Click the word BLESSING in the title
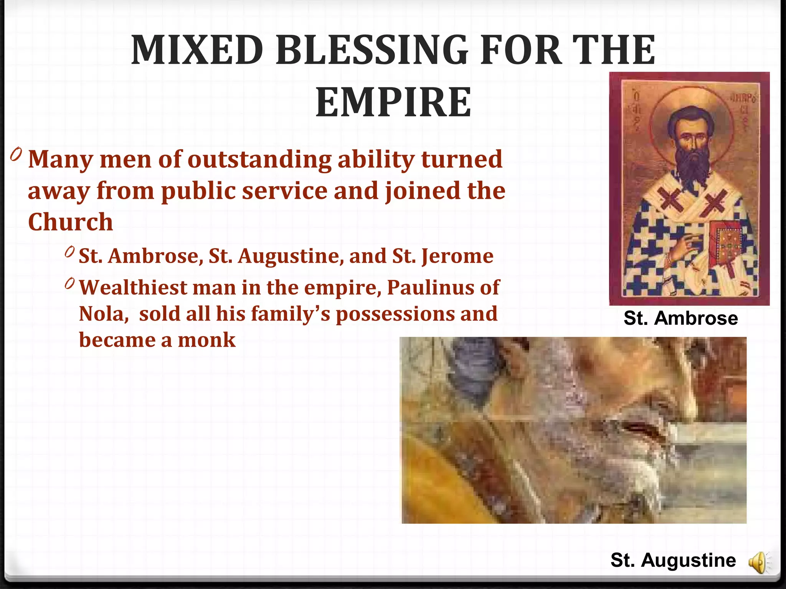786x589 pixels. click(x=372, y=50)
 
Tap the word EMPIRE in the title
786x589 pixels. click(x=393, y=102)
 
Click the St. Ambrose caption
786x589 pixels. click(x=680, y=318)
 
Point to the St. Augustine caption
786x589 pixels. click(x=673, y=560)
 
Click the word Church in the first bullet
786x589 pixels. click(x=71, y=222)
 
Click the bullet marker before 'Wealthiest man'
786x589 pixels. click(x=69, y=283)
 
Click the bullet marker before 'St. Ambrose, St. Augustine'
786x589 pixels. click(x=69, y=252)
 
